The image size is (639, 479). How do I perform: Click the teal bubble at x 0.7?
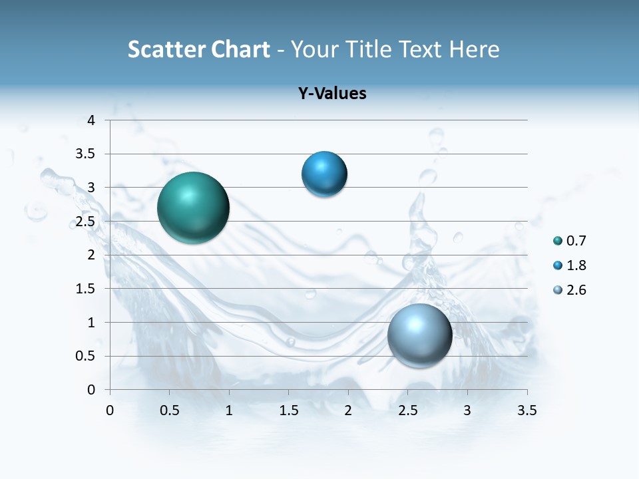coord(194,208)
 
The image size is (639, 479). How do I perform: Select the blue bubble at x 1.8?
coord(324,174)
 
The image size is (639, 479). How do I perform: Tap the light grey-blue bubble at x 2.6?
coord(419,335)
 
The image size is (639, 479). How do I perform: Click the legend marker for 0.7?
coord(558,241)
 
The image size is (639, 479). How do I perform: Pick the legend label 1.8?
coord(576,265)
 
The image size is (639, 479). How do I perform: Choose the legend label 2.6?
coord(576,290)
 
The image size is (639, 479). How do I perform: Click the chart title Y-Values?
coord(332,94)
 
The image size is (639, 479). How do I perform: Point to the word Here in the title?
coord(473,49)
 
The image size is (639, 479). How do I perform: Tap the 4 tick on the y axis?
coord(91,120)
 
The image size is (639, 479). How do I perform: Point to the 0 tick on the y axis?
coord(91,390)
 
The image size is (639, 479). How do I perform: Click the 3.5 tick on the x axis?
coord(527,410)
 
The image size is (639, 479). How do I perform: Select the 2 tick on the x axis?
coord(348,410)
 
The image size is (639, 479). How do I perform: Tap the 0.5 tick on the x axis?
coord(170,410)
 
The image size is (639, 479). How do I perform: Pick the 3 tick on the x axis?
coord(467,410)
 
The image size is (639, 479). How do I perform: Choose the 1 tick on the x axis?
coord(229,410)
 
